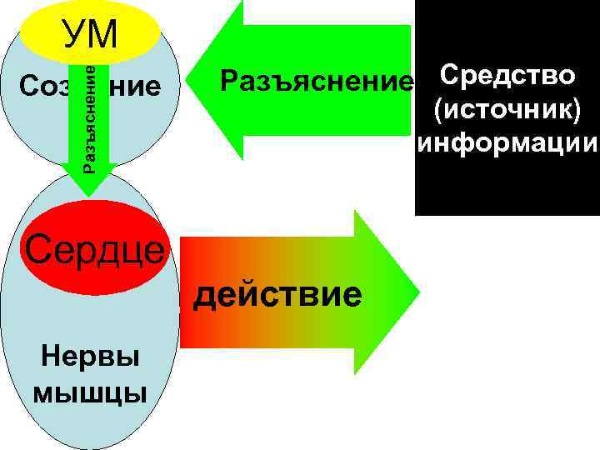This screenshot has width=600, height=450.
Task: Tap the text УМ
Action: coord(91,33)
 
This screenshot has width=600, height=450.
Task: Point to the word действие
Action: coord(277,293)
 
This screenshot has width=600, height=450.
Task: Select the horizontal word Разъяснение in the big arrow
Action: coord(316,82)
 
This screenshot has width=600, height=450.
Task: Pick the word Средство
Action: coord(507,75)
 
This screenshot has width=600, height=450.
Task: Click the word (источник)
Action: coord(507,109)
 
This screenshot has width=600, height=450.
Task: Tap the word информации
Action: coord(507,142)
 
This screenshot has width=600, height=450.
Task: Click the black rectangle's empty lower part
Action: coord(507,187)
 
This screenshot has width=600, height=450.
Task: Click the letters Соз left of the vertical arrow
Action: coord(41,86)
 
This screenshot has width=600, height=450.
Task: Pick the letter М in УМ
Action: coord(104,33)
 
